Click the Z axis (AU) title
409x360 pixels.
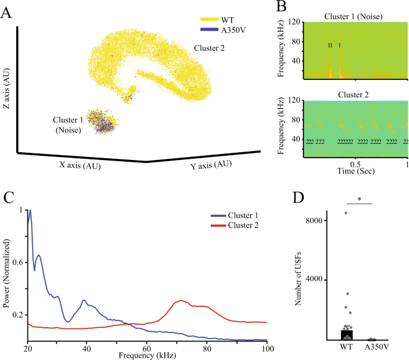7,90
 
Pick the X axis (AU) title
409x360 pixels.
76,165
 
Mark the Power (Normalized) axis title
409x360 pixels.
6,275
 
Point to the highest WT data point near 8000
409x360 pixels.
346,213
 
